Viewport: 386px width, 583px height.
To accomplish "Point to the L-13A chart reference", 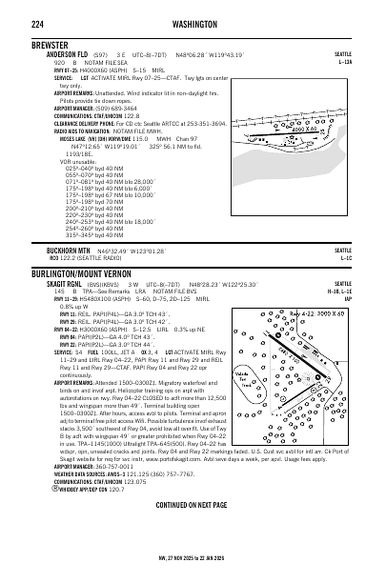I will pos(369,62).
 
